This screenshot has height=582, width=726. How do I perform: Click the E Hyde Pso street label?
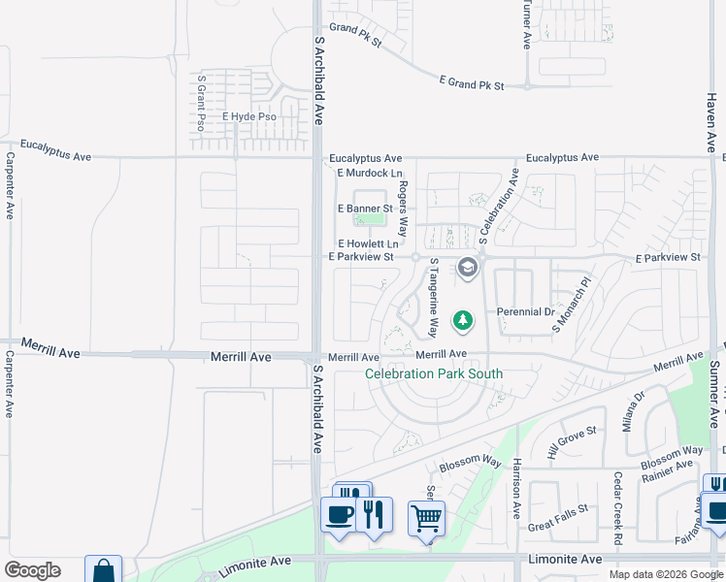click(249, 117)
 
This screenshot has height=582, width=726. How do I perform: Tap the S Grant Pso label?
click(201, 103)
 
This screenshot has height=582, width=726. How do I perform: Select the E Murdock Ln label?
click(369, 173)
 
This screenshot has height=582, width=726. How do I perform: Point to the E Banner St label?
click(364, 209)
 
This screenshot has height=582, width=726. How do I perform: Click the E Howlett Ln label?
click(368, 243)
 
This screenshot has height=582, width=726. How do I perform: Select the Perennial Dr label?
click(525, 312)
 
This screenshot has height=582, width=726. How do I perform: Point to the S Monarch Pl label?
click(572, 307)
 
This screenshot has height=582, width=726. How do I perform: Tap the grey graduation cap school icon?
click(468, 268)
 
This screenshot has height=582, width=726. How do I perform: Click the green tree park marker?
click(464, 319)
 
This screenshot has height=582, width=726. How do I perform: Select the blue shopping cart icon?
click(427, 519)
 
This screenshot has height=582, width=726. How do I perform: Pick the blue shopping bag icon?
click(104, 570)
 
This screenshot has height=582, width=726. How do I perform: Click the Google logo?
click(32, 570)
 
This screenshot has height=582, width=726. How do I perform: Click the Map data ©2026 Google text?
click(665, 574)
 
